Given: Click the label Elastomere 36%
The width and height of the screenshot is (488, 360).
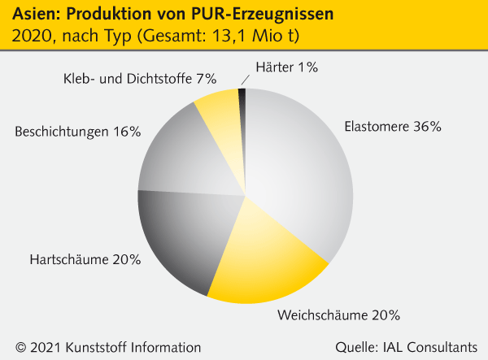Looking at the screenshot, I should [391, 127].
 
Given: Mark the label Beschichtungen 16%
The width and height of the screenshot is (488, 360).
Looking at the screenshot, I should [78, 130].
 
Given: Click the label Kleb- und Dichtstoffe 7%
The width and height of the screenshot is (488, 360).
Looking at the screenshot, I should [139, 79].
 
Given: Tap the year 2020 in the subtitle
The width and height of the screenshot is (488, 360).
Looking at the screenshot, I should [26, 37].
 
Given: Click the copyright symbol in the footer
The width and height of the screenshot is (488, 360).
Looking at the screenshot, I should [17, 345].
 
